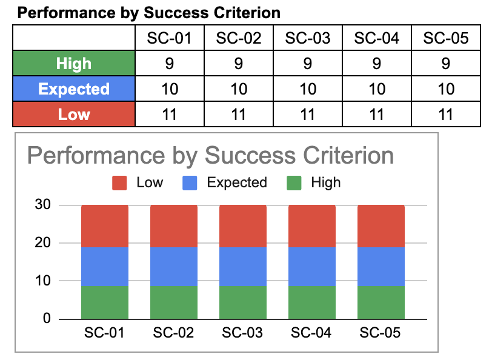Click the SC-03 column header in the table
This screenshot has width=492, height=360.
(x=308, y=39)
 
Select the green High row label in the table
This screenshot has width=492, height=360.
(x=73, y=64)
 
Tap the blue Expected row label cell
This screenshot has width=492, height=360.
(x=73, y=89)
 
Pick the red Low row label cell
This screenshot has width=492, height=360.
(x=73, y=115)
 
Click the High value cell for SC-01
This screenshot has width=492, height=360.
(x=170, y=64)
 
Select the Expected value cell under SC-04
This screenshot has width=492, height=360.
(x=377, y=89)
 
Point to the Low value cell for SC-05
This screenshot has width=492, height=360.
(x=446, y=115)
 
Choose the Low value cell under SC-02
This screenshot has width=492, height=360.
(x=239, y=115)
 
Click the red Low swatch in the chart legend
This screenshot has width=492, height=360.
(x=119, y=183)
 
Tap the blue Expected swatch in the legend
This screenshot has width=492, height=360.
(x=190, y=183)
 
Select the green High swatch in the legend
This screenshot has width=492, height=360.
(x=294, y=183)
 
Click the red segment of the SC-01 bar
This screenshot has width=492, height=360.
(x=105, y=225)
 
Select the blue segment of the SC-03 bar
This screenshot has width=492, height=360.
(x=243, y=266)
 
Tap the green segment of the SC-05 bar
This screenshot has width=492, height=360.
(x=381, y=302)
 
